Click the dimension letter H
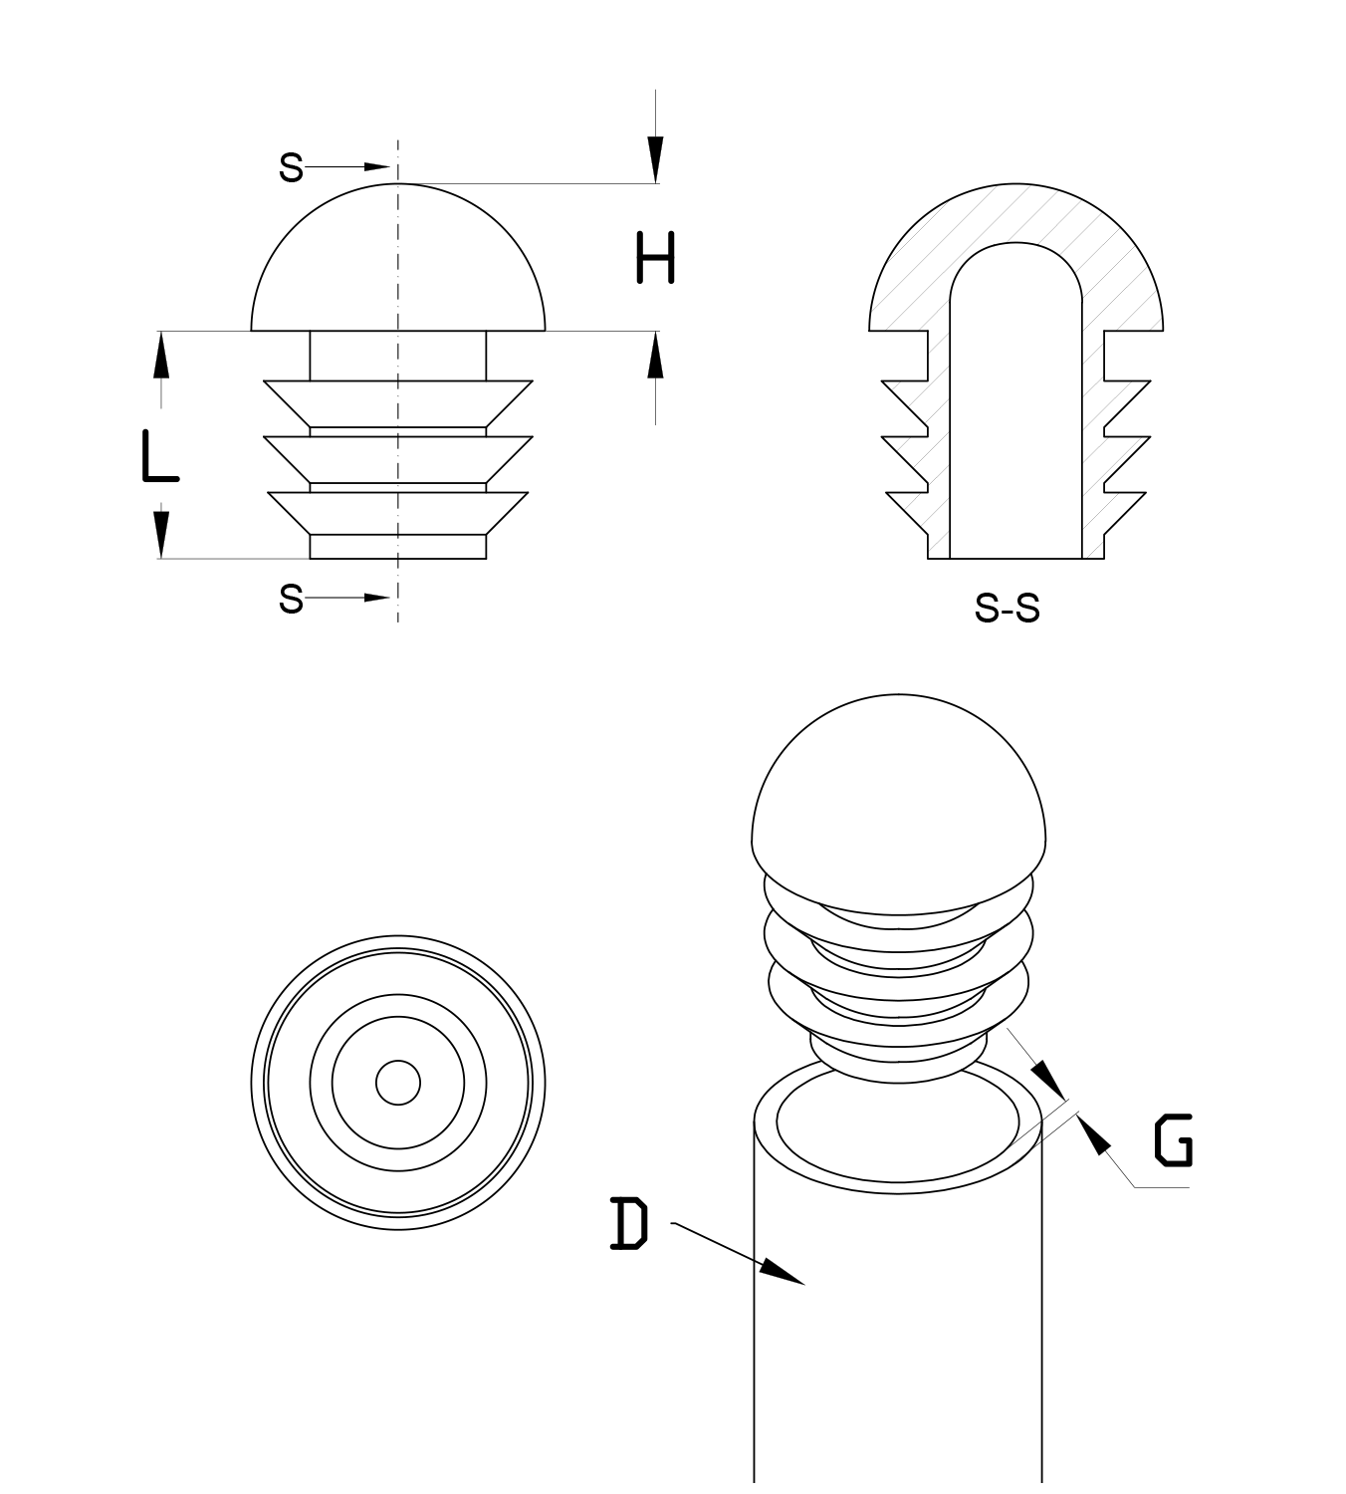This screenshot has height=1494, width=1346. pyautogui.click(x=655, y=258)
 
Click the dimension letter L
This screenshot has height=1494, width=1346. pyautogui.click(x=158, y=457)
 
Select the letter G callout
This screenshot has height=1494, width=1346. pyautogui.click(x=1173, y=1141)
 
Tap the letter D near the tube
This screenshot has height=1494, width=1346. pyautogui.click(x=628, y=1224)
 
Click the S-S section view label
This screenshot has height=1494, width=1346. pyautogui.click(x=1007, y=608)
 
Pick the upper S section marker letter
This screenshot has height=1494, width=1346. pyautogui.click(x=290, y=167)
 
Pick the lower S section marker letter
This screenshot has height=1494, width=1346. pyautogui.click(x=290, y=599)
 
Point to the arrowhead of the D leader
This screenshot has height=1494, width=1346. pyautogui.click(x=785, y=1274)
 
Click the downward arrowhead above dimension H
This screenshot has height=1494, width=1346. pyautogui.click(x=655, y=159)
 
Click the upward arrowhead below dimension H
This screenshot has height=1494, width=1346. pyautogui.click(x=655, y=356)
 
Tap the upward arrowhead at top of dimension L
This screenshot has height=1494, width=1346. pyautogui.click(x=160, y=356)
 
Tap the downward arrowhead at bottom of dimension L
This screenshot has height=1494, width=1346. pyautogui.click(x=160, y=535)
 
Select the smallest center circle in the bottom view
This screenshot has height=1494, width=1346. pyautogui.click(x=398, y=1083)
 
